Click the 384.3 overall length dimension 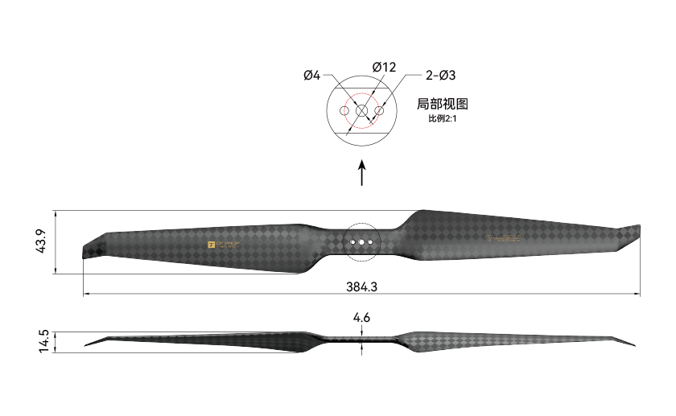tap(361, 286)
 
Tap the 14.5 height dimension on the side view tap(43, 340)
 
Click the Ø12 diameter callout tap(384, 68)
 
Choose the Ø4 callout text tap(312, 75)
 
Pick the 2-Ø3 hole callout tap(440, 75)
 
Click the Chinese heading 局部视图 tap(442, 103)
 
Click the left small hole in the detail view tap(344, 110)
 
